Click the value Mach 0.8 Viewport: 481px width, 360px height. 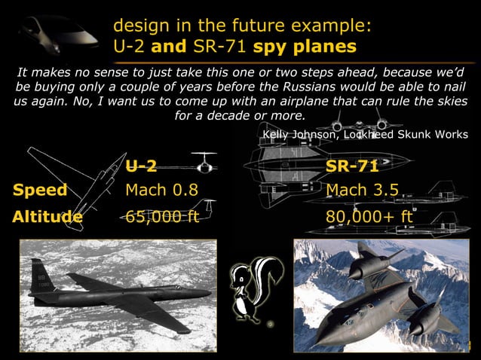click(161, 190)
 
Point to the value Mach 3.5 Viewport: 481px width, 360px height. click(362, 190)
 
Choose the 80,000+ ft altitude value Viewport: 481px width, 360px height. click(370, 218)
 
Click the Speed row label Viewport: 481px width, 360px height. click(40, 190)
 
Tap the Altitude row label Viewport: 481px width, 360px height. click(47, 218)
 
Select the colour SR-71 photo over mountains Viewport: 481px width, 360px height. click(380, 295)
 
